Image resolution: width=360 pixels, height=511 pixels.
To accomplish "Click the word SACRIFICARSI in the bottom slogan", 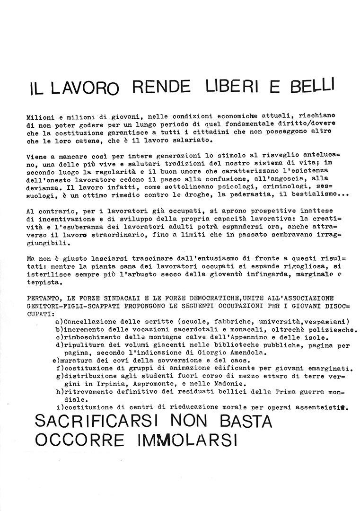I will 98,421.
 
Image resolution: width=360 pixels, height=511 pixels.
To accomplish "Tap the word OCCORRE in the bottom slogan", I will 79,440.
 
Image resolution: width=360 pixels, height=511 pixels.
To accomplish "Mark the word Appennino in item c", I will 237,338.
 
